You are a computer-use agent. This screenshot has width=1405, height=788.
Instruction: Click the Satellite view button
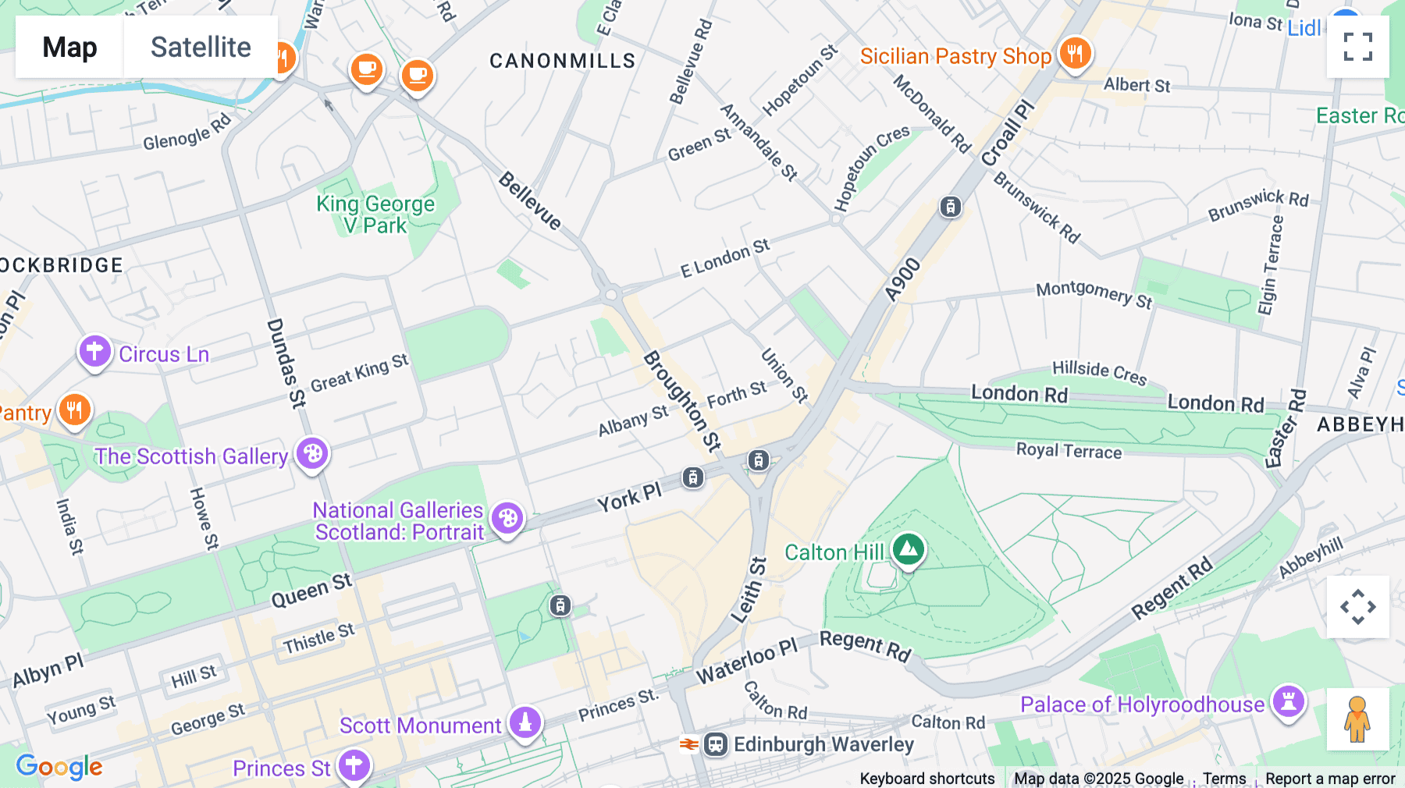(x=201, y=47)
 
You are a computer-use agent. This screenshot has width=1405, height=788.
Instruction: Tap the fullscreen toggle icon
(x=1357, y=47)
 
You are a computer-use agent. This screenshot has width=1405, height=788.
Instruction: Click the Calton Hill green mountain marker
(x=908, y=549)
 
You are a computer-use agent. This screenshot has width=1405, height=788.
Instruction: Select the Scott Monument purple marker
(x=525, y=722)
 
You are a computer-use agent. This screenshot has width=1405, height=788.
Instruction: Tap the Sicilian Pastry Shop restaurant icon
(x=1075, y=54)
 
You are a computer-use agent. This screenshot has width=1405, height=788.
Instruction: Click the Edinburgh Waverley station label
(x=823, y=744)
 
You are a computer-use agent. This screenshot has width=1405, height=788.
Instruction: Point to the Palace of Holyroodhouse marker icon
(x=1288, y=701)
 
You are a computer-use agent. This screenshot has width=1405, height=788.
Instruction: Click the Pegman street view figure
(x=1357, y=719)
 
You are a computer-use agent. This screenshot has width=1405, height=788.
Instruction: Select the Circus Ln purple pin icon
(x=94, y=352)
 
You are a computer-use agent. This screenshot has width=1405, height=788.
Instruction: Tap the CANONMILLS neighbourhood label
(x=562, y=61)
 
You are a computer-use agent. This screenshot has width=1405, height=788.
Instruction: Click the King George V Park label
(x=375, y=215)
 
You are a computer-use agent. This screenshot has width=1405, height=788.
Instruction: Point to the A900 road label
(x=903, y=280)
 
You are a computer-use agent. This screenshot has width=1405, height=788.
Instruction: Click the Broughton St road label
(x=681, y=401)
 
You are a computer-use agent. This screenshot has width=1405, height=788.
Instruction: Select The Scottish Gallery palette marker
(x=312, y=453)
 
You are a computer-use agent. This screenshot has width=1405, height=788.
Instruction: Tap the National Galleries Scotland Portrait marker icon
(x=507, y=518)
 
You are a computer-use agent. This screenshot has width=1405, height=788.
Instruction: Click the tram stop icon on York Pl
(x=692, y=477)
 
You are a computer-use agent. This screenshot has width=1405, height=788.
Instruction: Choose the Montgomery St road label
(x=1094, y=294)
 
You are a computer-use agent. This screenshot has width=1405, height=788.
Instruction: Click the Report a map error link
(x=1330, y=779)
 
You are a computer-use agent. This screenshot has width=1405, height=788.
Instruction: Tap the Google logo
(x=59, y=767)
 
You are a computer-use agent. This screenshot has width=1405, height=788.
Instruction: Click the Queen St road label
(x=311, y=590)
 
